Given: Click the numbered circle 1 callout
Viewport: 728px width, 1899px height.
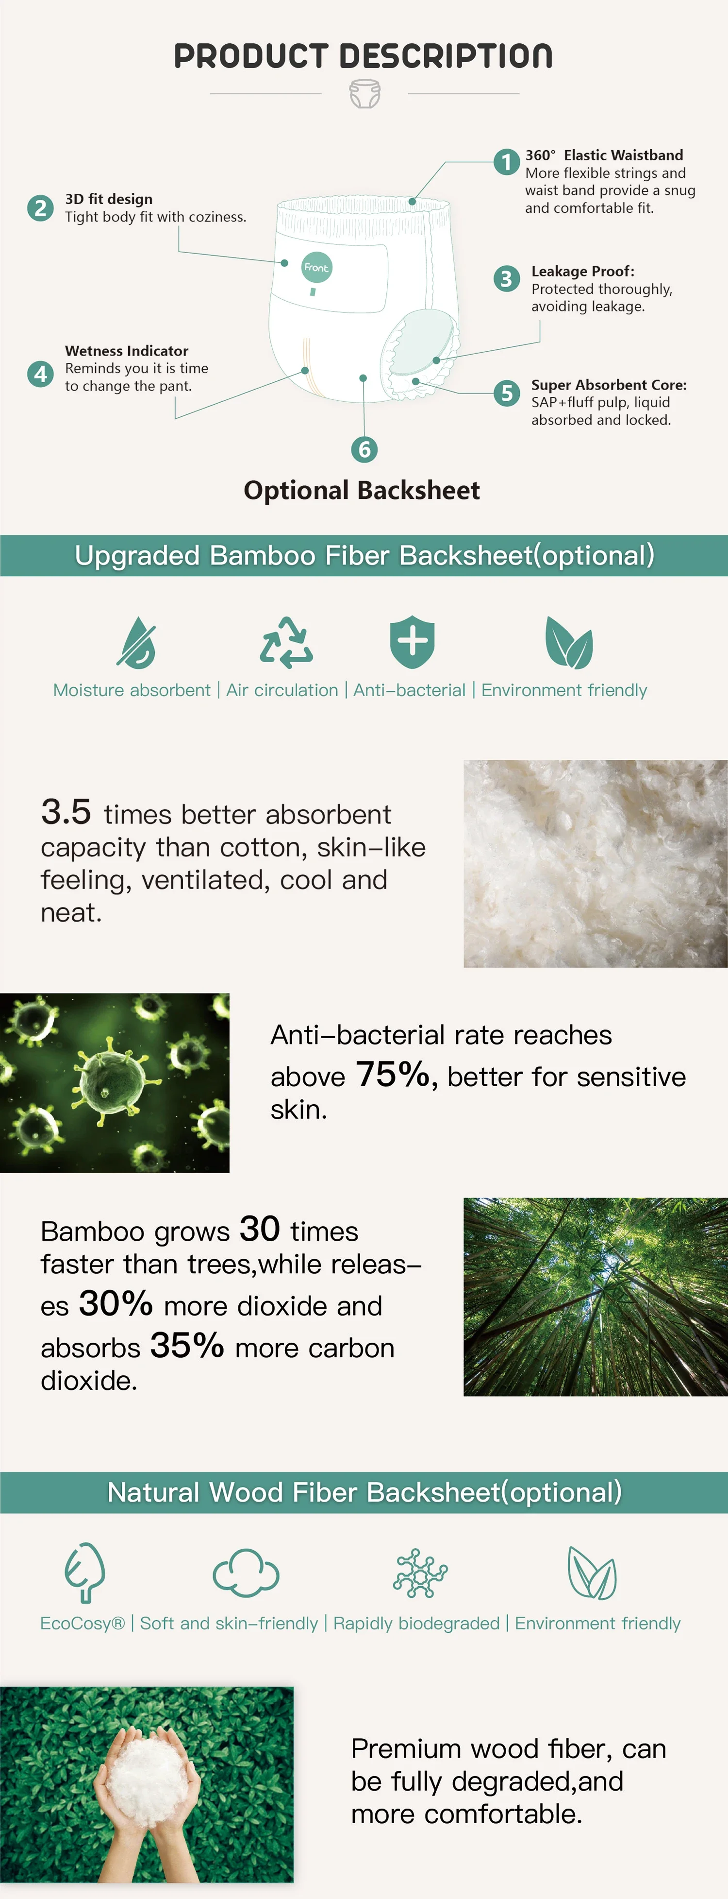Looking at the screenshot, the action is point(506,161).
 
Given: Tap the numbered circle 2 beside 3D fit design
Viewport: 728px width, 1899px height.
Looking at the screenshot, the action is point(41,208).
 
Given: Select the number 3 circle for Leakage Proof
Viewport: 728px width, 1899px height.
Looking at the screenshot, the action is point(506,279).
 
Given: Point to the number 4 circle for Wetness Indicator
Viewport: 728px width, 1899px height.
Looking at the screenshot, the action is point(41,374).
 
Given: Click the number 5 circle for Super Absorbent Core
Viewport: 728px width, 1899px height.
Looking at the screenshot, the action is point(506,393).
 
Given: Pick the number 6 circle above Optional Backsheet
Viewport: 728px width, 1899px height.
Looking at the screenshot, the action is point(364,449).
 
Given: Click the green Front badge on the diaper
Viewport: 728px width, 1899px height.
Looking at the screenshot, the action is point(316,267).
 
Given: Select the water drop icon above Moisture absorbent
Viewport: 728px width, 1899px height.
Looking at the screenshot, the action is point(137,642).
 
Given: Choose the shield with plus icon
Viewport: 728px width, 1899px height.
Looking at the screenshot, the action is point(412,641).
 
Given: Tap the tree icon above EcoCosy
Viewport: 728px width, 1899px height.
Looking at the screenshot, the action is point(85,1573).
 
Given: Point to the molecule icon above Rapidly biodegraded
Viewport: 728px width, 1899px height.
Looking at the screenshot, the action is point(420,1573).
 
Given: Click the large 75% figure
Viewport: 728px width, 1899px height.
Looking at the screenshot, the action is point(393,1074).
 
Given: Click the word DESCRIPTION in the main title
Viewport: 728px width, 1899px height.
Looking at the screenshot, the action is point(446,56).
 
